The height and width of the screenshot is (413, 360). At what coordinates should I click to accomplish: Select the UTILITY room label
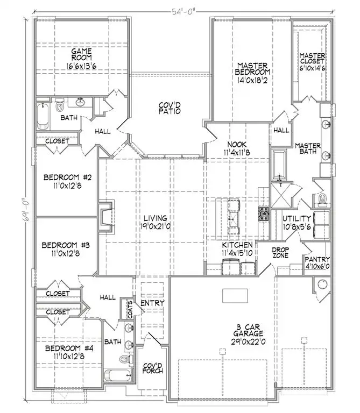[x=297, y=218]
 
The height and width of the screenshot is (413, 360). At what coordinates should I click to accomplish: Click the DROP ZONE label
[x=280, y=253]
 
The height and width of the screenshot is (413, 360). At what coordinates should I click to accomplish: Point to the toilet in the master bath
[x=322, y=201]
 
